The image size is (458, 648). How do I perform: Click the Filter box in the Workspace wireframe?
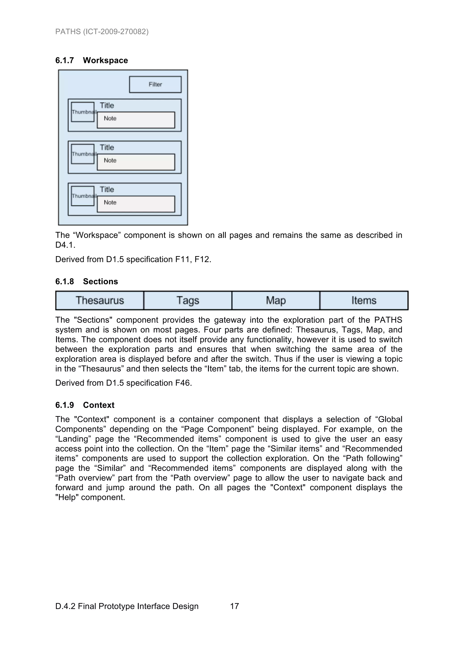(155, 84)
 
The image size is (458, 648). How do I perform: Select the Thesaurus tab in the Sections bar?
(100, 300)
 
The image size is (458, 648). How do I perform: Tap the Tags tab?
(188, 300)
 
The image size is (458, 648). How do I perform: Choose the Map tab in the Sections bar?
(276, 300)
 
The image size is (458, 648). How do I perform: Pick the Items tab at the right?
(364, 300)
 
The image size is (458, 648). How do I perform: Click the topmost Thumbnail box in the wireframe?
(82, 112)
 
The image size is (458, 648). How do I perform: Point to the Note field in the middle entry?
(136, 162)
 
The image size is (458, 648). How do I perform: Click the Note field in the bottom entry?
(136, 204)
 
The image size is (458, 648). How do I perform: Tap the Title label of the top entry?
(107, 106)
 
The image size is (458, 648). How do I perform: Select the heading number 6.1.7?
(65, 60)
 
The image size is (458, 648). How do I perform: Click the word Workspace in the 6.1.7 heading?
(105, 60)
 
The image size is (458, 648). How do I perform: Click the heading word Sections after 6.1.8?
(100, 281)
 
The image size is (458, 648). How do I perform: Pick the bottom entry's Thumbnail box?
(82, 196)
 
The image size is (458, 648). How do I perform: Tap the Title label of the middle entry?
(107, 148)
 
